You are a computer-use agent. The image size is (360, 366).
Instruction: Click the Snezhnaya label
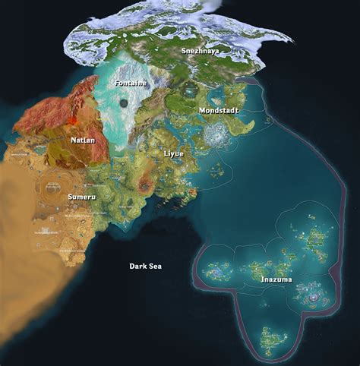[200, 51]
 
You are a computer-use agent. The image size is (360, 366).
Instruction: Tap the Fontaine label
[128, 82]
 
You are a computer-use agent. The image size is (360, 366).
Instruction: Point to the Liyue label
[173, 153]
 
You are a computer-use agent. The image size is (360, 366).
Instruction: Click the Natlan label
[83, 140]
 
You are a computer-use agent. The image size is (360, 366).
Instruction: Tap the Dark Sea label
[145, 267]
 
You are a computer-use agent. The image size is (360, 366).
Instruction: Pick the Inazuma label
[276, 279]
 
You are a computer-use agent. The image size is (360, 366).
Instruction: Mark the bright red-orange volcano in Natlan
[73, 120]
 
